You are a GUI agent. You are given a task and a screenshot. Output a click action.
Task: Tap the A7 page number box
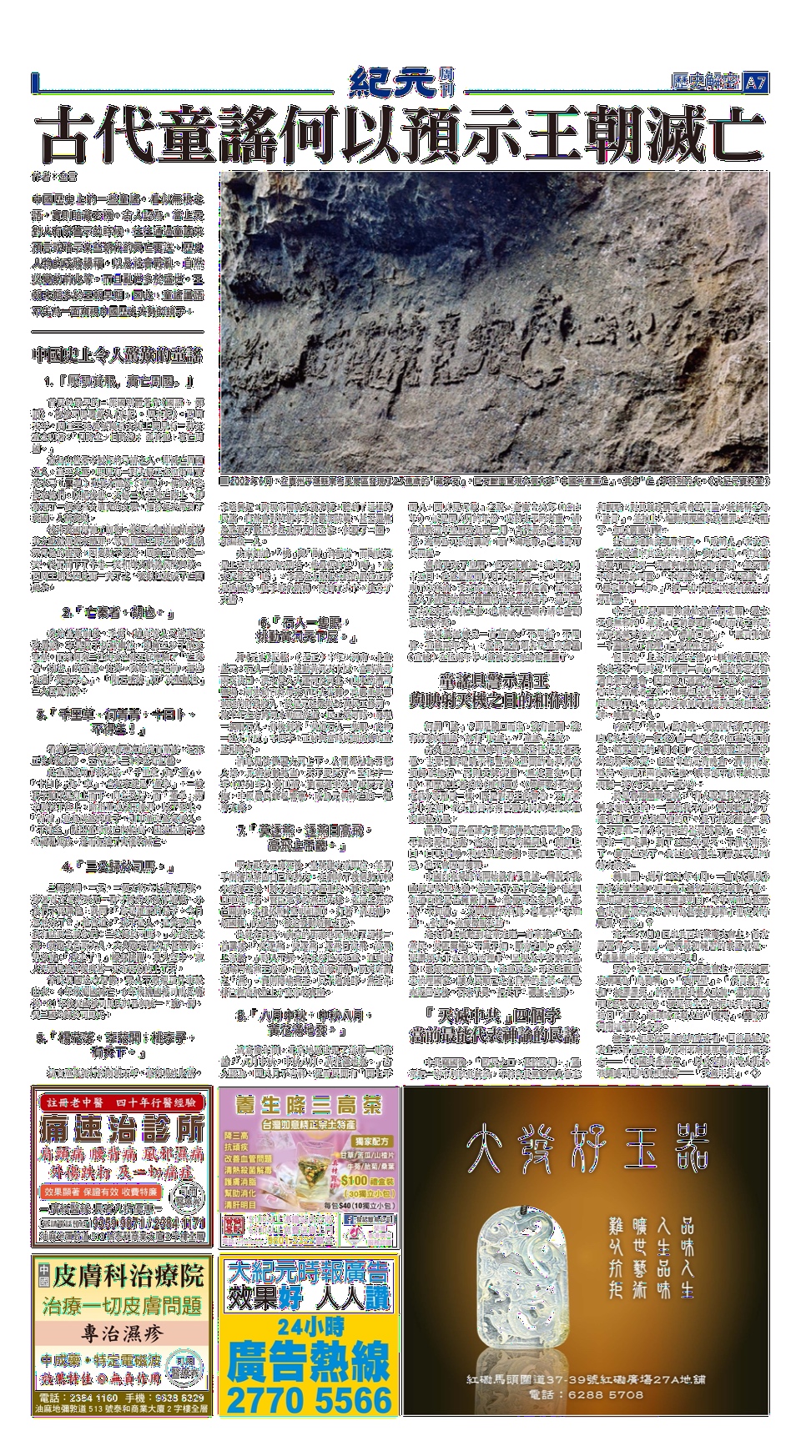[756, 83]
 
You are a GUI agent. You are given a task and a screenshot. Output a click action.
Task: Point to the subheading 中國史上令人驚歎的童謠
[117, 354]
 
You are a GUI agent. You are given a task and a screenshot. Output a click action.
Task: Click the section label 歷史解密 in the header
[705, 83]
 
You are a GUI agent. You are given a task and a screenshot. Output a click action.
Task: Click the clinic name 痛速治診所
[123, 1132]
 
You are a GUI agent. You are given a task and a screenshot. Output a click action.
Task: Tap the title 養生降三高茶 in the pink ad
[308, 1107]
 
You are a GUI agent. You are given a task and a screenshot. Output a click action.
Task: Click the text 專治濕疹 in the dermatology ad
[122, 1331]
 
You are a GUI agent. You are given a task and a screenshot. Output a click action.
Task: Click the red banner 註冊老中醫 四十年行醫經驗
[123, 1102]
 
